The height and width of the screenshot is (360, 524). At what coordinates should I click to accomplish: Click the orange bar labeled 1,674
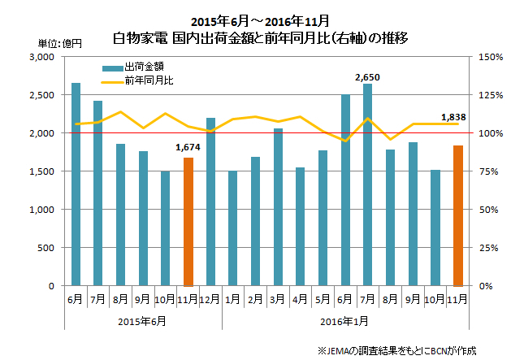click(188, 221)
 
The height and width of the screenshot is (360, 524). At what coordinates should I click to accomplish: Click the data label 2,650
click(368, 77)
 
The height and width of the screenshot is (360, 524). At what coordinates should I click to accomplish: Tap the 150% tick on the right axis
click(492, 57)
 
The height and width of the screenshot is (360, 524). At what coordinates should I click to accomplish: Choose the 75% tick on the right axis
click(490, 171)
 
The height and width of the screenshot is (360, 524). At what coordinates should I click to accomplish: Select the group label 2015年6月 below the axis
click(144, 321)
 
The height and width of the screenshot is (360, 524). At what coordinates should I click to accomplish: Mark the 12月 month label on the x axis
click(211, 299)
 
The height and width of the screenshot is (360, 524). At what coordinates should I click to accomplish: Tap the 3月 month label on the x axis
click(278, 299)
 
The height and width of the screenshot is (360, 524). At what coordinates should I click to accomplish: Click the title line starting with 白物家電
click(262, 37)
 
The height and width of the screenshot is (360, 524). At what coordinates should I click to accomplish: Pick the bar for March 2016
click(278, 207)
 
